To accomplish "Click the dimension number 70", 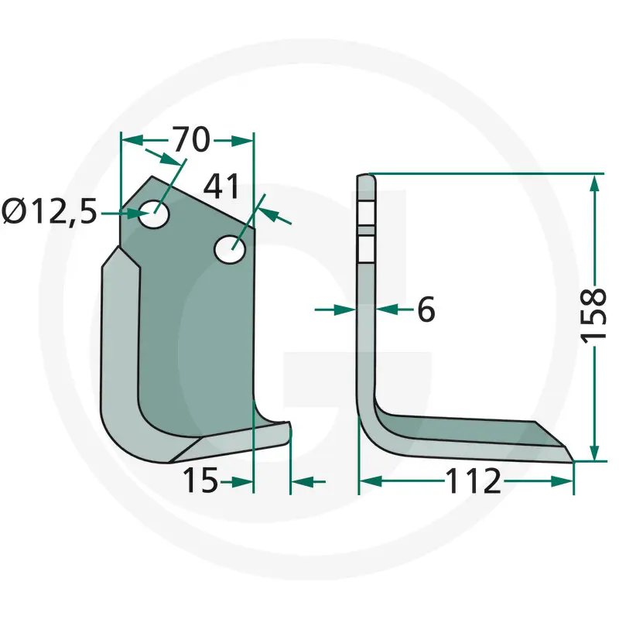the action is coord(191,139).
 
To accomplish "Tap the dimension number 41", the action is coord(221,186).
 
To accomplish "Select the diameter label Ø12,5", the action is coord(50,212).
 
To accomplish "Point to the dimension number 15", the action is coord(200,480).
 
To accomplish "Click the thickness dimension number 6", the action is coord(426,309).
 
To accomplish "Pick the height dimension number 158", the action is coord(593,314).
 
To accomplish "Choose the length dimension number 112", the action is coord(474,480).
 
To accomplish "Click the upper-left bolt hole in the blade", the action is coord(154,214).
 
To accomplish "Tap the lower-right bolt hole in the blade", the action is coord(230,249).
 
